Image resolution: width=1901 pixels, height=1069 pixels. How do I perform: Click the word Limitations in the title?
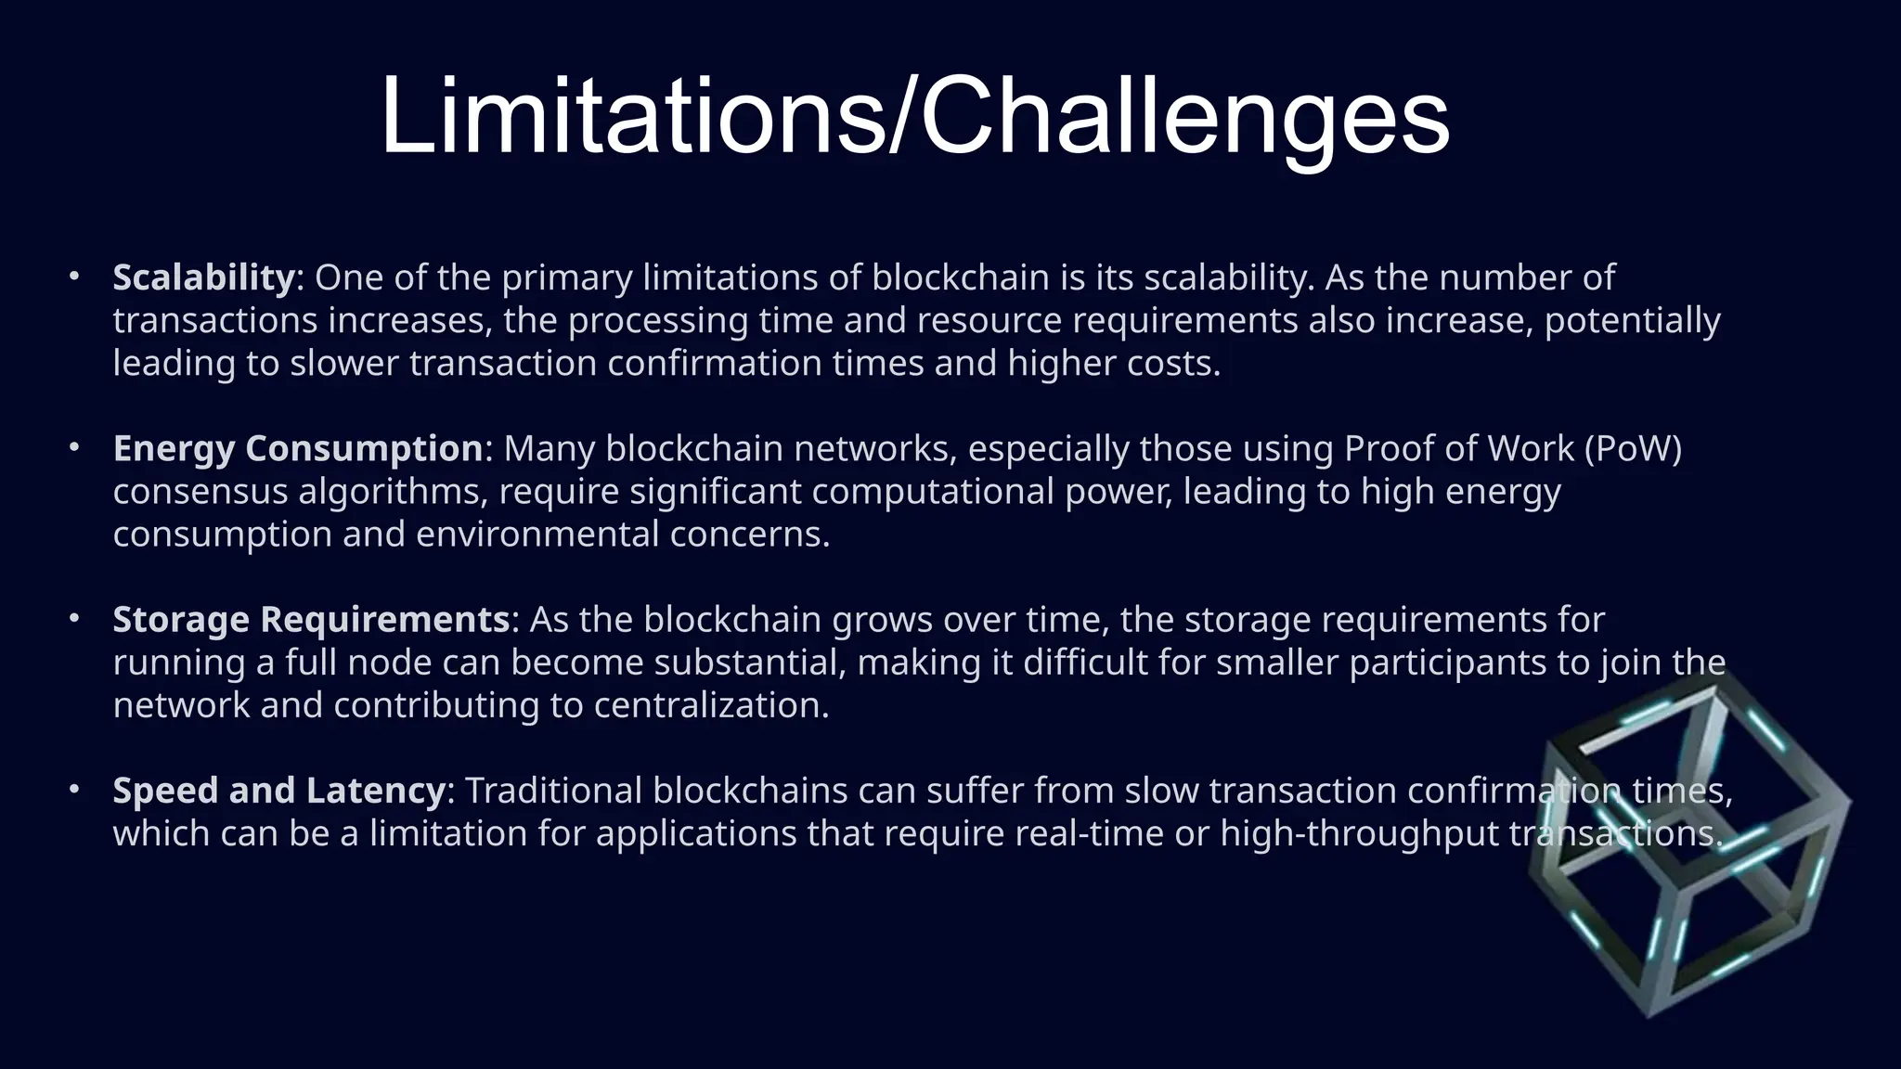coord(631,117)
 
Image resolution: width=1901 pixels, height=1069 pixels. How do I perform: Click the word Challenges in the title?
coord(1184,119)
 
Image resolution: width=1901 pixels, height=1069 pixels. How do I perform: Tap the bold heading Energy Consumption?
coord(297,448)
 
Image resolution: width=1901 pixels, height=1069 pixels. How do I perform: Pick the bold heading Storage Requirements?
coord(311,619)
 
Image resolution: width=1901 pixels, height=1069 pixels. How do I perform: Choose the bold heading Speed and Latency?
coord(278,790)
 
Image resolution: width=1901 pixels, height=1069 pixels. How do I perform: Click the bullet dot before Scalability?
coord(73,277)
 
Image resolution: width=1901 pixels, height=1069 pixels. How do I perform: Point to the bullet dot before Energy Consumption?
coord(73,447)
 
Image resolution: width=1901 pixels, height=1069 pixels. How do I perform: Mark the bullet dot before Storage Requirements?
coord(73,618)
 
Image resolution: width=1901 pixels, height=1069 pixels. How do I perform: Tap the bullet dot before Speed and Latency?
coord(73,789)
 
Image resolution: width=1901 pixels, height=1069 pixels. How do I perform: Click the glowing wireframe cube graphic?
coord(1689,844)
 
